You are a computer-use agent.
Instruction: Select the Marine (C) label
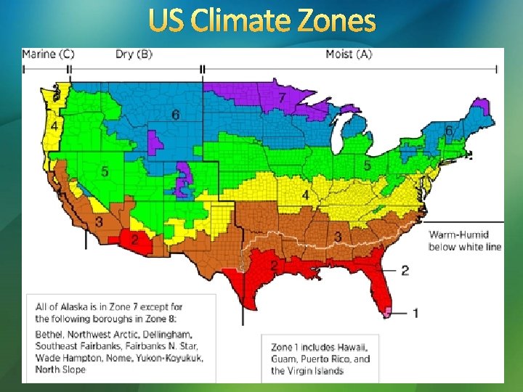pyautogui.click(x=48, y=54)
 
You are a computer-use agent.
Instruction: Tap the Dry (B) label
pyautogui.click(x=134, y=54)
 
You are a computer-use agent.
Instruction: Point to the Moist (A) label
pyautogui.click(x=349, y=54)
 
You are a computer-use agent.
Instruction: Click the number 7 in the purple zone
pyautogui.click(x=281, y=97)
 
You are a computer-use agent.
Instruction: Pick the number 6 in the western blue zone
pyautogui.click(x=175, y=115)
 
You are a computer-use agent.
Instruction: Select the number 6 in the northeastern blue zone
pyautogui.click(x=449, y=131)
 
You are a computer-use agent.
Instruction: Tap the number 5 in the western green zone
pyautogui.click(x=105, y=172)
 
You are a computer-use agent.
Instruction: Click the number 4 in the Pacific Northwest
pyautogui.click(x=54, y=126)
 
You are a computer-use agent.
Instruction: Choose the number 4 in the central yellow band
pyautogui.click(x=305, y=196)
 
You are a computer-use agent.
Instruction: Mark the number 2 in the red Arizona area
pyautogui.click(x=134, y=239)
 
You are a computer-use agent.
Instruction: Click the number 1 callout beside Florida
pyautogui.click(x=415, y=313)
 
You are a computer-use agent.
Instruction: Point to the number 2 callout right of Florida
pyautogui.click(x=405, y=270)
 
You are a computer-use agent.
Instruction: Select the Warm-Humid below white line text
pyautogui.click(x=465, y=240)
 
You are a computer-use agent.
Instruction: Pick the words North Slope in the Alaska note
pyautogui.click(x=60, y=369)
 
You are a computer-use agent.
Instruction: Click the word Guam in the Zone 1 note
pyautogui.click(x=285, y=359)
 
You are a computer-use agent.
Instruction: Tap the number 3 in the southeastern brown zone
pyautogui.click(x=338, y=237)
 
